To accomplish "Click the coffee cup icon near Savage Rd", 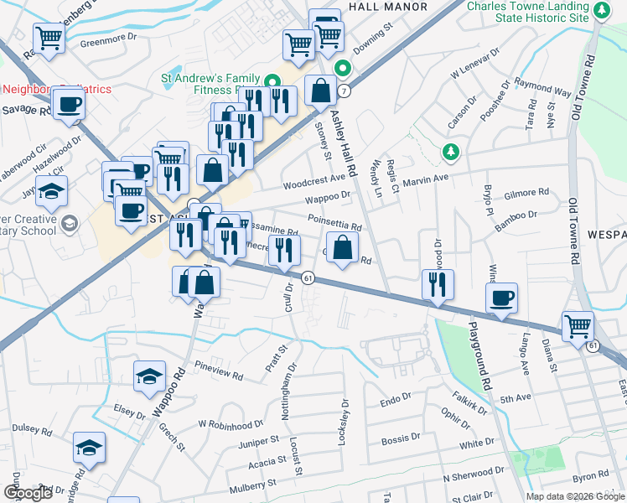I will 69,105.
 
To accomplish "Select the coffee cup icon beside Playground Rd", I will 501,298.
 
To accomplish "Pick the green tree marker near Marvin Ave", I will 451,152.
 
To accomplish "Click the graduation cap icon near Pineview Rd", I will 149,376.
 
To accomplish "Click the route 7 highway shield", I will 344,90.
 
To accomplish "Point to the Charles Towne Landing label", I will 528,11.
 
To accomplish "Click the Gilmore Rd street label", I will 527,194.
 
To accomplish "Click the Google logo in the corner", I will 28,493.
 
